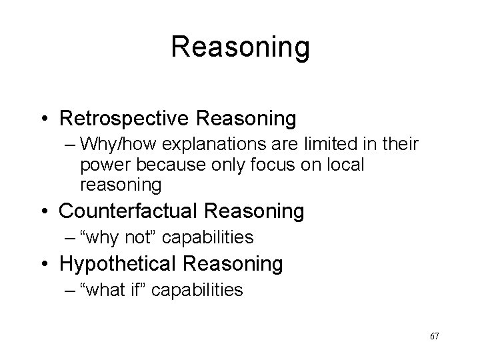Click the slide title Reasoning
[240, 47]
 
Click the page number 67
[434, 336]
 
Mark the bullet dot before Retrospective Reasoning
[47, 119]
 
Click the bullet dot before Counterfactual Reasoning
[47, 212]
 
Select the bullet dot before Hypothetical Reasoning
[47, 264]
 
